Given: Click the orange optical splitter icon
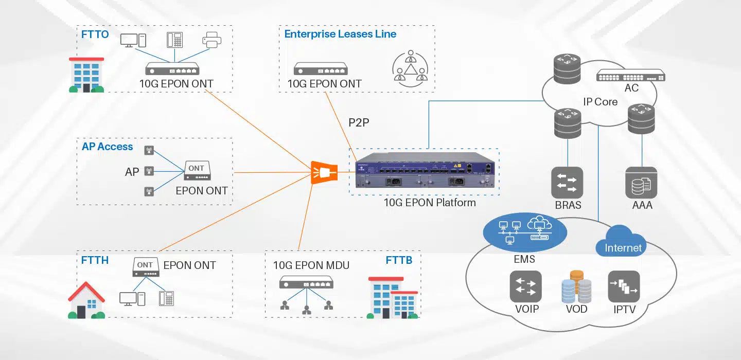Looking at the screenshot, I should click(324, 172).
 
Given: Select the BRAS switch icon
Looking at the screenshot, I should click(568, 183).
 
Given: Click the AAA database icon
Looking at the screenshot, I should click(642, 183).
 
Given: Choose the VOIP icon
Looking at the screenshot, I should click(526, 286).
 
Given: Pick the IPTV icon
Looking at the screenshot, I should click(624, 286).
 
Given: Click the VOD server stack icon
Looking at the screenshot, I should click(576, 287).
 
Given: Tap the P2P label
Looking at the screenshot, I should click(359, 123).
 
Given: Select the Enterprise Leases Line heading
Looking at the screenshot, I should click(340, 34).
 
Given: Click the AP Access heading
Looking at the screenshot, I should click(107, 147).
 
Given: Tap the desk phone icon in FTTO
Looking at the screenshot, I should click(174, 40).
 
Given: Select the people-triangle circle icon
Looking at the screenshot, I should click(410, 68).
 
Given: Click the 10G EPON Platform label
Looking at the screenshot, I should click(430, 203).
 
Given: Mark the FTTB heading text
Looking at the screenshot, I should click(399, 260).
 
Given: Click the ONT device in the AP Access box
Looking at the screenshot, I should click(197, 171).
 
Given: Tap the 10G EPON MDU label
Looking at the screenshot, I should click(311, 265).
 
